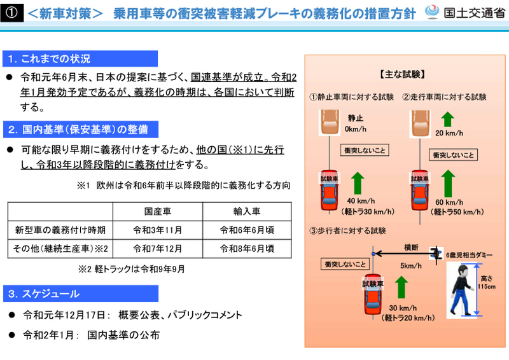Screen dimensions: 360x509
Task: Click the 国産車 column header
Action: click(x=157, y=211)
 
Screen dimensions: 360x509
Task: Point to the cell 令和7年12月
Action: click(x=157, y=248)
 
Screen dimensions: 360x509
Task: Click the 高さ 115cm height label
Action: click(x=487, y=282)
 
